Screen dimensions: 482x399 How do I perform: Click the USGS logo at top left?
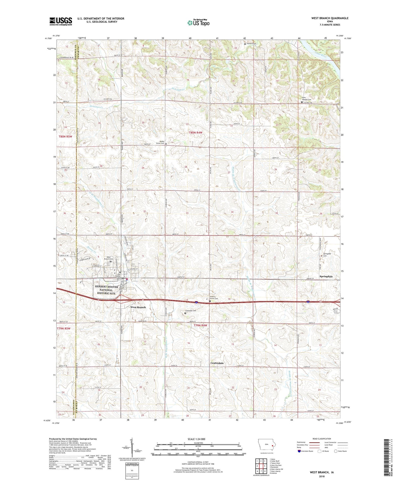click(x=60, y=21)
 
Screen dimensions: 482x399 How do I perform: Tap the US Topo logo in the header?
click(x=198, y=23)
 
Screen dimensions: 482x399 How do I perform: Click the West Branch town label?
click(x=138, y=307)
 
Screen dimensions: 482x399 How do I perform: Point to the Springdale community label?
click(x=326, y=276)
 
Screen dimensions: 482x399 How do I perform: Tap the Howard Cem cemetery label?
click(x=251, y=44)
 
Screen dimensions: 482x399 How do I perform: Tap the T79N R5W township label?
click(x=64, y=329)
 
